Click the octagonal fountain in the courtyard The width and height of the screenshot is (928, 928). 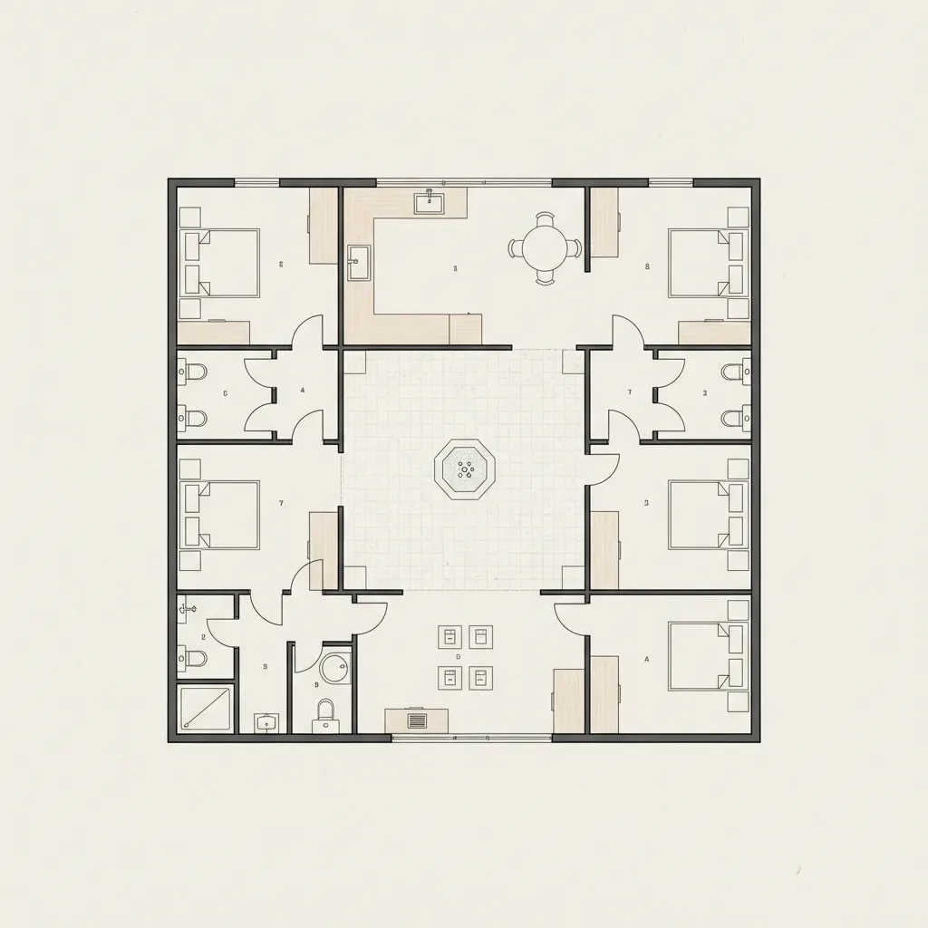(466, 469)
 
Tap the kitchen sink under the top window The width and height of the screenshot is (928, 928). (428, 203)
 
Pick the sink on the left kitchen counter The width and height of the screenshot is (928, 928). (359, 263)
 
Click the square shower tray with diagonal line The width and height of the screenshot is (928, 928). (206, 708)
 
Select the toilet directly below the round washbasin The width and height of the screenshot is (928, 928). (324, 716)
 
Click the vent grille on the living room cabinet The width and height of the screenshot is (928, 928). (417, 721)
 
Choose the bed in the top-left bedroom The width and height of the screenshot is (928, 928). (221, 263)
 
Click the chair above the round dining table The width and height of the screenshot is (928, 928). (545, 218)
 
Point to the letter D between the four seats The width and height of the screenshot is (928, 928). (459, 656)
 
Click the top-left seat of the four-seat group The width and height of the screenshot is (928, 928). (449, 636)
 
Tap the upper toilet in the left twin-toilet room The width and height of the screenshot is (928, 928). (192, 372)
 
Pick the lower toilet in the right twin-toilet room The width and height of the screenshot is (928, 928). (735, 419)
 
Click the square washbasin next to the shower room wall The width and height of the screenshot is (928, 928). (266, 722)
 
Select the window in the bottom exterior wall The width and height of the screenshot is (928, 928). (471, 738)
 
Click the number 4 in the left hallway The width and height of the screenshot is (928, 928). (303, 391)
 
